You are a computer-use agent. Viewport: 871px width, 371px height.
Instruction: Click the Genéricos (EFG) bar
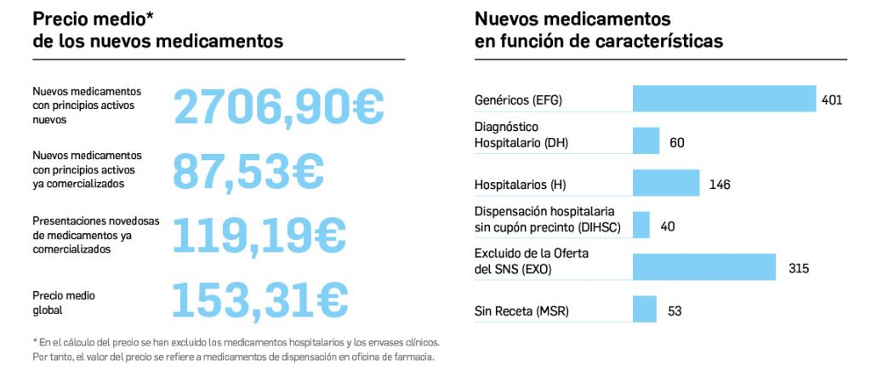(724, 99)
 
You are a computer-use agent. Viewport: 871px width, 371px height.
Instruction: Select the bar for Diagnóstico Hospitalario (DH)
(646, 141)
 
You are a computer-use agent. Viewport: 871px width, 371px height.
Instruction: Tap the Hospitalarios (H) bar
(666, 183)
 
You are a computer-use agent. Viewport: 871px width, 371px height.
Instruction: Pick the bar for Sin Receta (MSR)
(645, 310)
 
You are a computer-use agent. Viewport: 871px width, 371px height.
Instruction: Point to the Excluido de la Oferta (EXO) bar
(704, 267)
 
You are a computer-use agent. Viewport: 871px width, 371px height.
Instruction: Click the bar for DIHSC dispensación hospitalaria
(641, 225)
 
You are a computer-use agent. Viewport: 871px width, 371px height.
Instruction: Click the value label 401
(832, 100)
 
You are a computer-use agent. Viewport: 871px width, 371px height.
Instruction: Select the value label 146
(720, 184)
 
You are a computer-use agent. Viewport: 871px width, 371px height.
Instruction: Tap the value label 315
(797, 268)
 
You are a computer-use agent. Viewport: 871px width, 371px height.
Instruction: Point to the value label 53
(675, 311)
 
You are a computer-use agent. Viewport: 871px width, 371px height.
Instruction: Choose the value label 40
(667, 226)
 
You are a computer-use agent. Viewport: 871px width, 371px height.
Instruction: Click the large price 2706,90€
(279, 106)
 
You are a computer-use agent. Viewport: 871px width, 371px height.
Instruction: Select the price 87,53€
(248, 170)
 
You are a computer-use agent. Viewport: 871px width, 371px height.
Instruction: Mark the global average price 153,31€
(260, 299)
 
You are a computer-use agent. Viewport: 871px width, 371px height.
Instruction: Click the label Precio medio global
(64, 303)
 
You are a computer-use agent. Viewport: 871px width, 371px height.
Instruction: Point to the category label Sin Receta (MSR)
(521, 311)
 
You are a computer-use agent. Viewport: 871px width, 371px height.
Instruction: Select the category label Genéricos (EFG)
(518, 100)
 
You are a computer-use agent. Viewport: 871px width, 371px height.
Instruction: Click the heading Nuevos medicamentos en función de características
(599, 30)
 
